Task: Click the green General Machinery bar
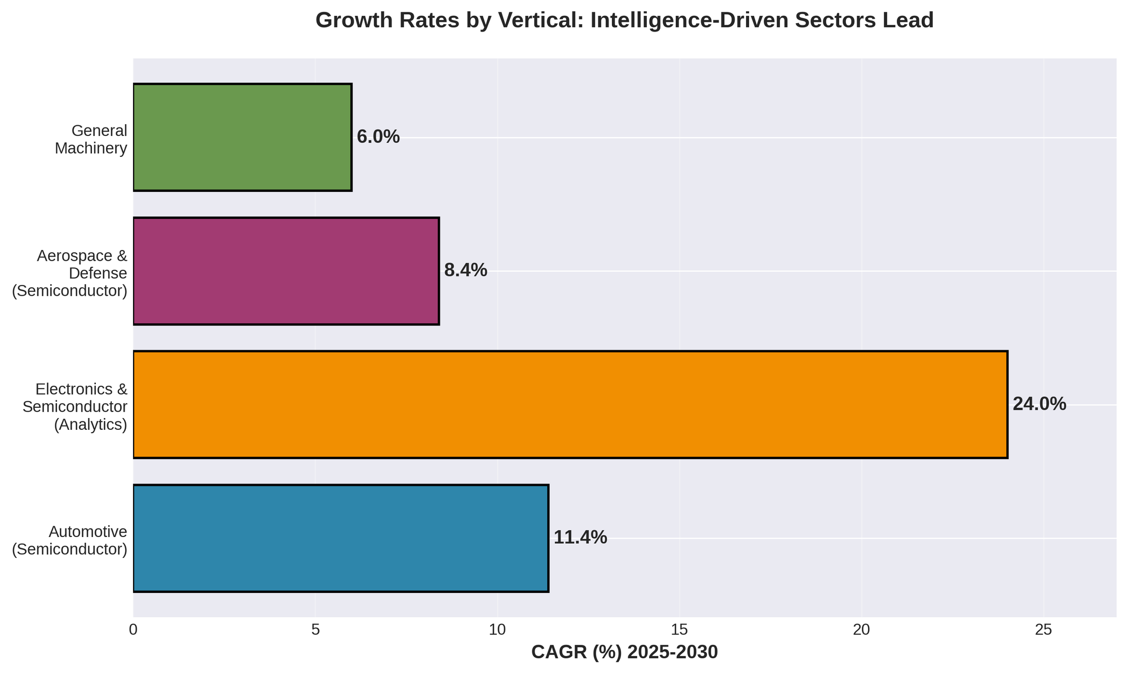pos(243,137)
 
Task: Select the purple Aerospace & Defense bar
pos(286,271)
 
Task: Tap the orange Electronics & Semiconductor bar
pos(570,404)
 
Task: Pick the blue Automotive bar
pos(341,538)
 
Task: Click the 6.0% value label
pos(378,137)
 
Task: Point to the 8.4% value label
pos(465,271)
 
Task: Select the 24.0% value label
pos(1039,404)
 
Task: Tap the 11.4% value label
pos(580,538)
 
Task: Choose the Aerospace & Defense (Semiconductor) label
pos(70,273)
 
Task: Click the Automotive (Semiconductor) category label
pos(70,540)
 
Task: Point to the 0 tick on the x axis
pos(134,630)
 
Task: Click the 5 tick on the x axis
pos(315,630)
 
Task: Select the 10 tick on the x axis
pos(497,630)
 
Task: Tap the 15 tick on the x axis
pos(680,630)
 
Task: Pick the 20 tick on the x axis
pos(862,630)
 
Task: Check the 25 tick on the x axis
pos(1043,630)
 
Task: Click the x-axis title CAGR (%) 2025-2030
pos(624,653)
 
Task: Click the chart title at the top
pos(624,21)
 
